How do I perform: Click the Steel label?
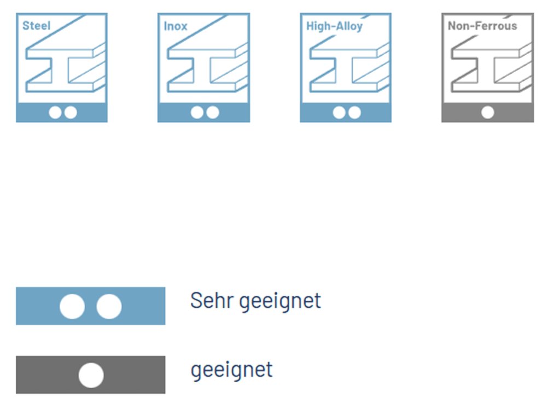(36, 26)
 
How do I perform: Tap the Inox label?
(176, 26)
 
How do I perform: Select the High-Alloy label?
(334, 26)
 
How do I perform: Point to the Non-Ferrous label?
(482, 26)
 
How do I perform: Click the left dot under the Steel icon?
(55, 112)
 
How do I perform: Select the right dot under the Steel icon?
(70, 112)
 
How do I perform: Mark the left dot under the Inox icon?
(197, 112)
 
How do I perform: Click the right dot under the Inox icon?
(212, 112)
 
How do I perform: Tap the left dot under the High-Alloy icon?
(339, 112)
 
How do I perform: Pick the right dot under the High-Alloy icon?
(354, 112)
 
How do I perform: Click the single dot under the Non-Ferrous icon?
(487, 112)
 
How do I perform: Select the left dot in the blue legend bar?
(72, 306)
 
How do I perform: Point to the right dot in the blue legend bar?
(109, 306)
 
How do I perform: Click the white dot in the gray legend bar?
(91, 375)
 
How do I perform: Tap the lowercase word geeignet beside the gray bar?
(231, 370)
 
